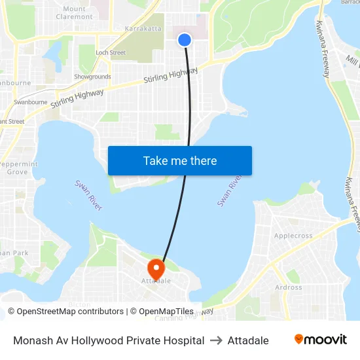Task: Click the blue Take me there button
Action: tap(180, 161)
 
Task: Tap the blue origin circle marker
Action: tap(185, 40)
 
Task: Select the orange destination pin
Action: tap(156, 268)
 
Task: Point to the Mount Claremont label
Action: tap(78, 12)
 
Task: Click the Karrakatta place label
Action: tap(143, 29)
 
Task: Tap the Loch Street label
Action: tap(110, 52)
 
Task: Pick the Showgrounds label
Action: tap(92, 77)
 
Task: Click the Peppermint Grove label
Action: tap(18, 168)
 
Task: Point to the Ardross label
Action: tap(289, 287)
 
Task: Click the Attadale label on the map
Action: tap(156, 281)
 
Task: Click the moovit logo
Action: tap(321, 340)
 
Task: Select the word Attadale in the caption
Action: tap(248, 340)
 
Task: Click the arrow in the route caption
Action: tap(216, 340)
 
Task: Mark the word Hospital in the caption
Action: tap(185, 340)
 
